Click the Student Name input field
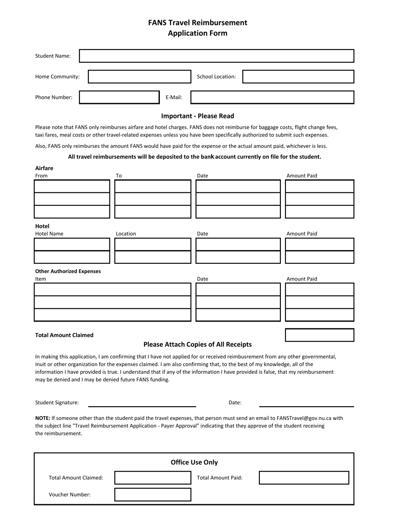(x=217, y=56)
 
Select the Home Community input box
(x=139, y=77)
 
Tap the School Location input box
(x=298, y=77)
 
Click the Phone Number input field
(x=119, y=98)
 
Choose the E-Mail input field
(x=272, y=98)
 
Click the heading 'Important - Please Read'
(x=197, y=116)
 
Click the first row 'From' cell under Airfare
(x=72, y=186)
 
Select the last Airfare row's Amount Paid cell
(x=319, y=212)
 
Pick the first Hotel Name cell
(x=72, y=244)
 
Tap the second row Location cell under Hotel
(x=153, y=257)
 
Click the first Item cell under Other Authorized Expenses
(x=112, y=290)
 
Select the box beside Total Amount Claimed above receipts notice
(x=319, y=335)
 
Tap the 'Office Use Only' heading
(x=194, y=462)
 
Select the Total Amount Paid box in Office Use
(x=304, y=478)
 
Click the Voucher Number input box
(x=153, y=494)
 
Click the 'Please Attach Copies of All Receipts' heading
(x=197, y=344)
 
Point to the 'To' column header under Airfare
(x=119, y=176)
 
